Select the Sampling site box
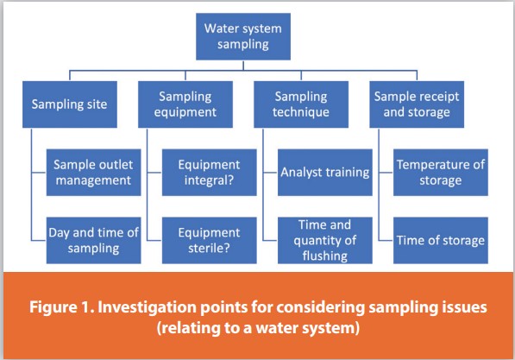coord(68,105)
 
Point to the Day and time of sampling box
coord(91,240)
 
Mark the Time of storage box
coord(441,240)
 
